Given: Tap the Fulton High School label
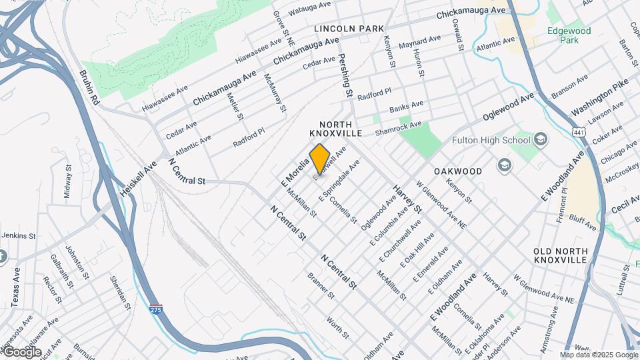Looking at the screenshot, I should click(491, 140).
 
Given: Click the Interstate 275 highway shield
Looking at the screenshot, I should click(156, 309).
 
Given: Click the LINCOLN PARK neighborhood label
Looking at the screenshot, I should click(349, 29).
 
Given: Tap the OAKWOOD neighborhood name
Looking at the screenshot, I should click(457, 171).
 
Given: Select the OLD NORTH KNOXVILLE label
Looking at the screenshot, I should click(561, 255).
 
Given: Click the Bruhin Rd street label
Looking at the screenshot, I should click(89, 87).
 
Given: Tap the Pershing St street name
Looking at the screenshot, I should click(345, 76).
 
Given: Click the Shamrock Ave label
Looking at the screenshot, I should click(398, 126).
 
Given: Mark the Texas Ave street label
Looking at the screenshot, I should click(16, 287).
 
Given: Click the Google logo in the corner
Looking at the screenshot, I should click(21, 352).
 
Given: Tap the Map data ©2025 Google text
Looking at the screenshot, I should click(599, 355).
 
